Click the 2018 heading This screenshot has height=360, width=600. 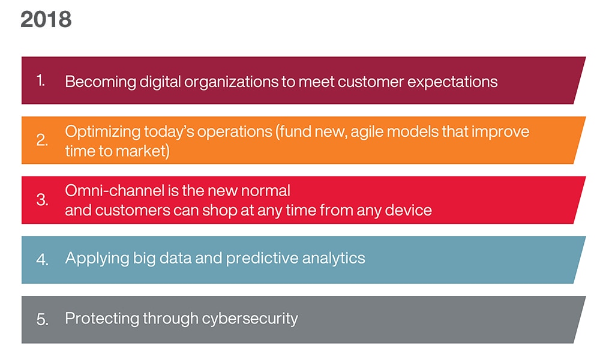pyautogui.click(x=46, y=19)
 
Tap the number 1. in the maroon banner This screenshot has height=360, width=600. pyautogui.click(x=41, y=80)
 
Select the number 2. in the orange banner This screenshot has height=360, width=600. pyautogui.click(x=42, y=140)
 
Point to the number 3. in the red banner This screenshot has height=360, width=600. pyautogui.click(x=42, y=200)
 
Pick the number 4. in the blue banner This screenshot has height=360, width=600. pyautogui.click(x=42, y=260)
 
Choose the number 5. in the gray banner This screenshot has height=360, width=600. pyautogui.click(x=42, y=319)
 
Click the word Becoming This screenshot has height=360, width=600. pyautogui.click(x=100, y=82)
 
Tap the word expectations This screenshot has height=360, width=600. pyautogui.click(x=452, y=82)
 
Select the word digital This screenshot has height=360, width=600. pyautogui.click(x=160, y=82)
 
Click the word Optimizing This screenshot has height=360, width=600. pyautogui.click(x=103, y=132)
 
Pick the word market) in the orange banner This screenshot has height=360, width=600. pyautogui.click(x=142, y=151)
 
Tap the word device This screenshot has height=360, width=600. pyautogui.click(x=408, y=211)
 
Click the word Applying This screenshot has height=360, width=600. pyautogui.click(x=97, y=259)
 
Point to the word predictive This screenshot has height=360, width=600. pyautogui.click(x=262, y=259)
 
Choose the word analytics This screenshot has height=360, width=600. pyautogui.click(x=334, y=259)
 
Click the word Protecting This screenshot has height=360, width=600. pyautogui.click(x=102, y=318)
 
